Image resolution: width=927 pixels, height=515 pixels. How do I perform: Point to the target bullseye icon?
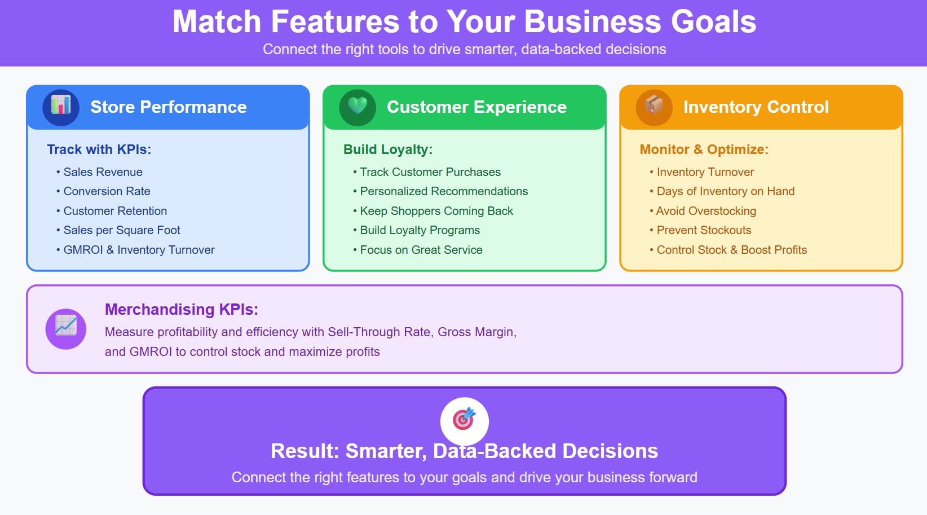point(464,420)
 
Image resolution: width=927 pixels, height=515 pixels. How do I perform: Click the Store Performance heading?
point(168,107)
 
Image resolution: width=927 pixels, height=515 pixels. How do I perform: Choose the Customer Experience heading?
point(476,107)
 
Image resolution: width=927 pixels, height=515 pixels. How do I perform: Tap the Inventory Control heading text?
point(756,107)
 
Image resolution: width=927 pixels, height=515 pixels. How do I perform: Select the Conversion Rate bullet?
point(107,191)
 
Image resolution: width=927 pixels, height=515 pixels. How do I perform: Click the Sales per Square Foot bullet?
point(122,230)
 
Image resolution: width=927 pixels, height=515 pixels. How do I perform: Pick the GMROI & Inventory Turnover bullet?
point(139,250)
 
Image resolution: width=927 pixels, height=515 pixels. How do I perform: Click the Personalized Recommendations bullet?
point(444,191)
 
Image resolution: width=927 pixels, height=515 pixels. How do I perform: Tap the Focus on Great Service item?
point(421,250)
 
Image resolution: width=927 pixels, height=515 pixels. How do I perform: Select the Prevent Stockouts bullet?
point(704,230)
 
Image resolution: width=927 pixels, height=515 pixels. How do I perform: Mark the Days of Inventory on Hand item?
point(725,191)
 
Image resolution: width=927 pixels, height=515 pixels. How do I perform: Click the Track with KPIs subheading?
point(99,149)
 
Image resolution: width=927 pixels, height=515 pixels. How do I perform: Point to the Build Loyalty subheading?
point(388,149)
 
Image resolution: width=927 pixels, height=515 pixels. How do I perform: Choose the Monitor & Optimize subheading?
point(704,149)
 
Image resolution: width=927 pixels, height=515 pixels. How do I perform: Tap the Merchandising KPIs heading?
point(182,309)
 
